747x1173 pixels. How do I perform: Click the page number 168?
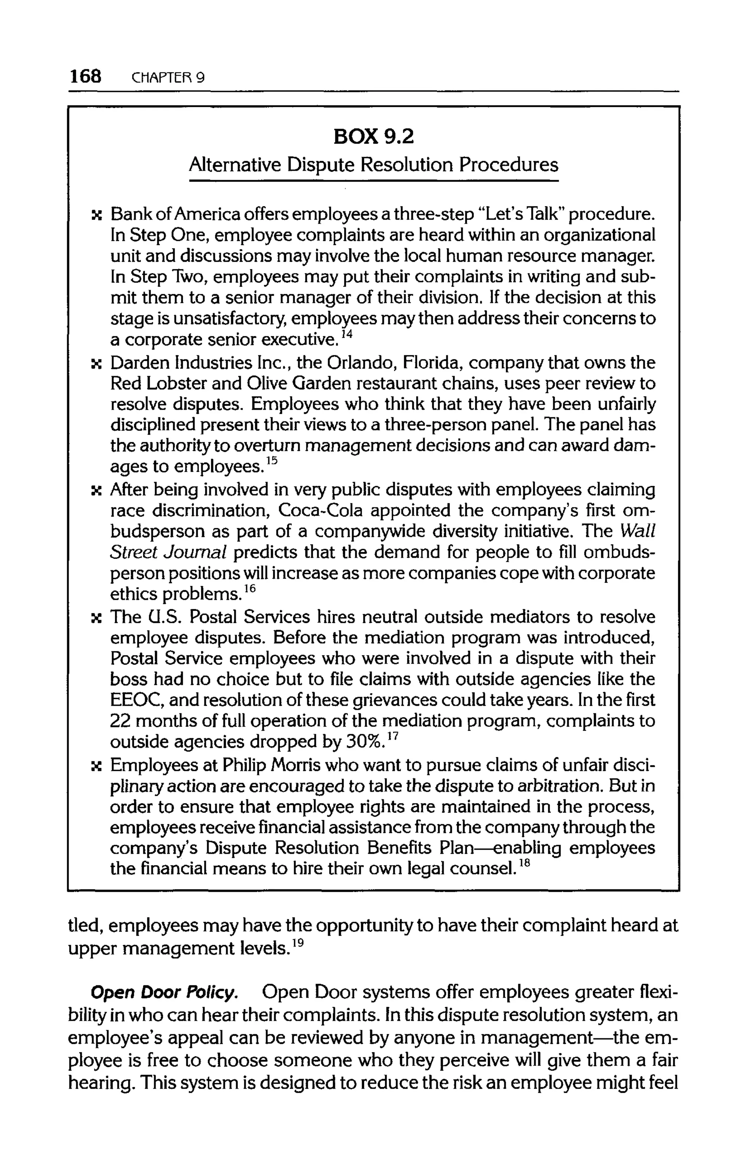click(x=85, y=77)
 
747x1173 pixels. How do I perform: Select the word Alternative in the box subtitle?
click(x=235, y=165)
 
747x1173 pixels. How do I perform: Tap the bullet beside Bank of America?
click(x=97, y=215)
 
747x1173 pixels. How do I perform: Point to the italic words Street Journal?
click(x=169, y=552)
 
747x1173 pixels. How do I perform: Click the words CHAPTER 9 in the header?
click(x=168, y=78)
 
